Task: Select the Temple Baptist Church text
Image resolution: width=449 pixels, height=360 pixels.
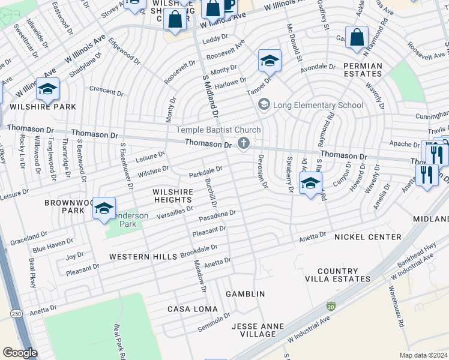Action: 218,130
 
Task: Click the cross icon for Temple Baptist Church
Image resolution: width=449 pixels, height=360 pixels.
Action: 244,143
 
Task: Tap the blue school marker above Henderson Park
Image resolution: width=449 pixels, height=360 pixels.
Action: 104,208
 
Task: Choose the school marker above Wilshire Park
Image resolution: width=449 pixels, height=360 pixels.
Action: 47,89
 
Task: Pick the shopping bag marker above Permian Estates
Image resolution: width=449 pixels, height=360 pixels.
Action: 357,37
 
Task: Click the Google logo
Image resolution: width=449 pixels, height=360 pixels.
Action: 20,353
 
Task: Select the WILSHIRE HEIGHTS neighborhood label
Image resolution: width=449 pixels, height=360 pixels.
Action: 173,196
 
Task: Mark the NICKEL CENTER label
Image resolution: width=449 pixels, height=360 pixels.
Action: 367,237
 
